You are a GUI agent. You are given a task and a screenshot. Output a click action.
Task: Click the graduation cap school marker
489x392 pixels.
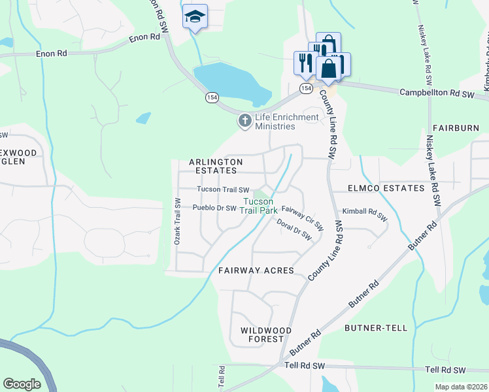pos(195,16)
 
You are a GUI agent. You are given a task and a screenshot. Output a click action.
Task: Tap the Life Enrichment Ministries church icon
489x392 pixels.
pos(245,120)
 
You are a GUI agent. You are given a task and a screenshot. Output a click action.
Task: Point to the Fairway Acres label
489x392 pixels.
pos(256,270)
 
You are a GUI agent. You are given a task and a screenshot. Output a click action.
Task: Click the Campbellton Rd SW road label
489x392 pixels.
pos(436,94)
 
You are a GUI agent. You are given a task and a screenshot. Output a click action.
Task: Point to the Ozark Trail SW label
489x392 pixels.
pos(177,222)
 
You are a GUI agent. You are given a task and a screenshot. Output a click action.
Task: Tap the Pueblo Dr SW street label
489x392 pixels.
pos(214,208)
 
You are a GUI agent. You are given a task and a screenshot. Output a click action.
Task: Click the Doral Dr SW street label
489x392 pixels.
pos(294,230)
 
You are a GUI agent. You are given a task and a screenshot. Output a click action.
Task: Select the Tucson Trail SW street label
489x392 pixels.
pos(224,189)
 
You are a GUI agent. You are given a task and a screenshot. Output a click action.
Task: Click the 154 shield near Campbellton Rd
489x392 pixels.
pos(306,88)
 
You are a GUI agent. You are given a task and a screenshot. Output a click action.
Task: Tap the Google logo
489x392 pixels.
pos(22,384)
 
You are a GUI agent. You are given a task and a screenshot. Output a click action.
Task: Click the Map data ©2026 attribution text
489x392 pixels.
pos(462,387)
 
